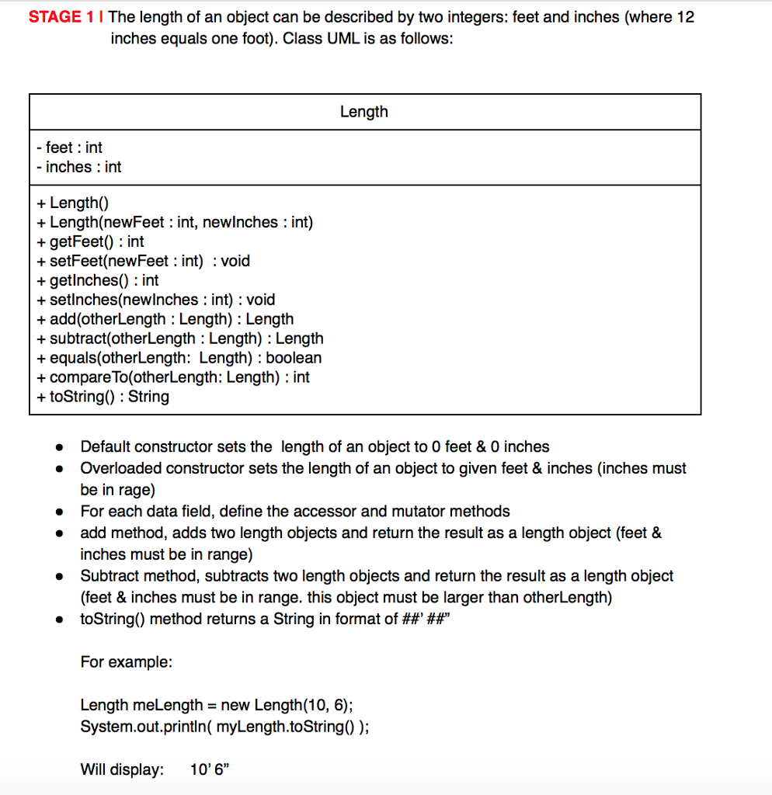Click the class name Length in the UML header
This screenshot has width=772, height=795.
[363, 112]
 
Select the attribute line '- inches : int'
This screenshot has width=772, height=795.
[78, 167]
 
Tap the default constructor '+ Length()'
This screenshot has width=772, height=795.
[72, 203]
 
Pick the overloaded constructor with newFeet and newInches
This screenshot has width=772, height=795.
[175, 223]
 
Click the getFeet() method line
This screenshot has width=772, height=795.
[90, 242]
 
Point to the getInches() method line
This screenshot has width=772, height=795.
[97, 280]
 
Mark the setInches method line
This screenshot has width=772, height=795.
[155, 300]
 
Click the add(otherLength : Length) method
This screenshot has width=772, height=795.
[165, 319]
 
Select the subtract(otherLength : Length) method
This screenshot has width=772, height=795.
[179, 338]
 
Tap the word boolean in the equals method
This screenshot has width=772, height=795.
[294, 358]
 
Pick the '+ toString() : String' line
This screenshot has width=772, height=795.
[103, 397]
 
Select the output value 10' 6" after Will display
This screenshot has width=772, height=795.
[210, 770]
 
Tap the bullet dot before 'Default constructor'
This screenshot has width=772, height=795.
[57, 448]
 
